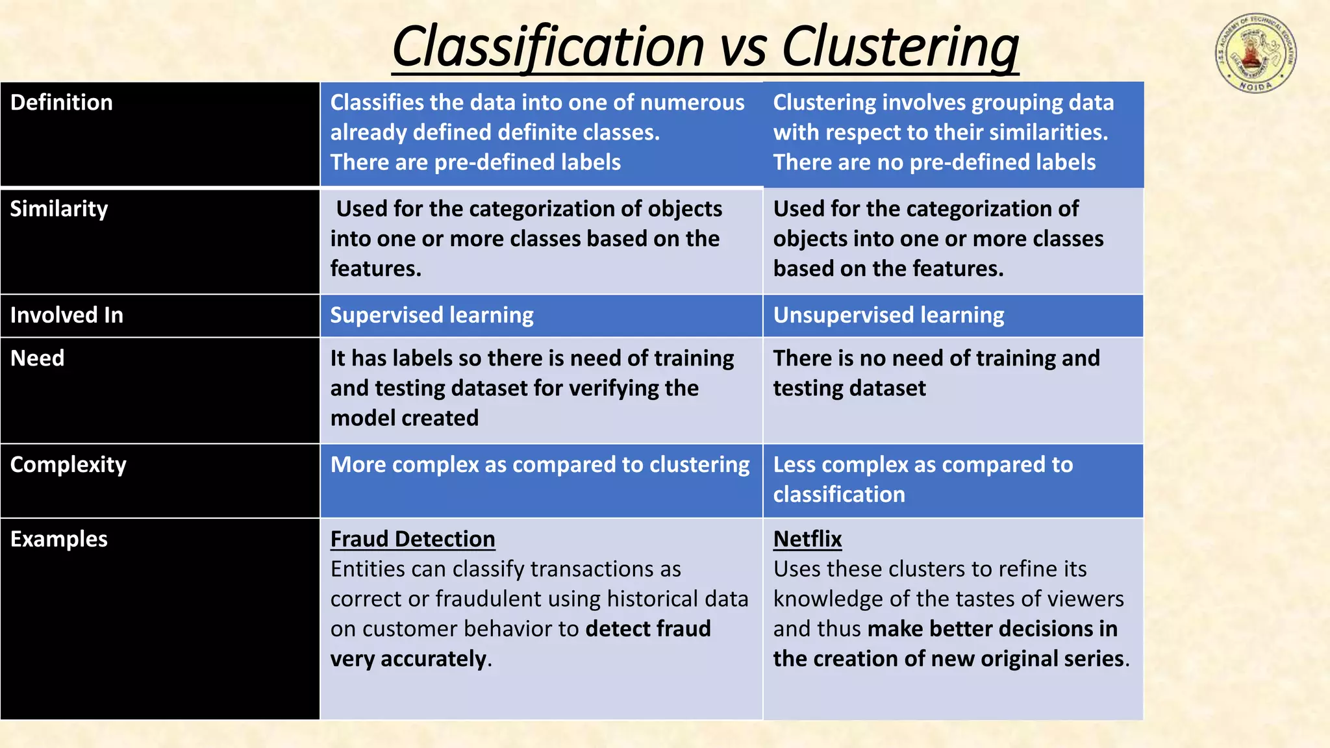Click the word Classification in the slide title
pos(548,47)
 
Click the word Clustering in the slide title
pos(900,47)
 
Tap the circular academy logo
pos(1256,53)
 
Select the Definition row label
pos(62,103)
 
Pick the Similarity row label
pos(59,209)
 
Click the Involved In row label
pos(67,316)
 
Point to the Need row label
pos(38,358)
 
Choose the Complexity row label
pos(69,465)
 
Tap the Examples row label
pos(59,540)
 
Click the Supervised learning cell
pos(432,316)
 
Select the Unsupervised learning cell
pos(888,316)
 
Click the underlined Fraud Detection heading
pos(412,540)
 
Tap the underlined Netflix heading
pos(807,540)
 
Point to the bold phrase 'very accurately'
pos(408,659)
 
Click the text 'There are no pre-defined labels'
pos(934,162)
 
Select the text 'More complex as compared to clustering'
pos(540,465)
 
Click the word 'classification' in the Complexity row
pos(839,495)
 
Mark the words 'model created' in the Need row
pos(405,418)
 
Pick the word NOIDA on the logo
pos(1255,86)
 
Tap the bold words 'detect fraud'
pos(648,629)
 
